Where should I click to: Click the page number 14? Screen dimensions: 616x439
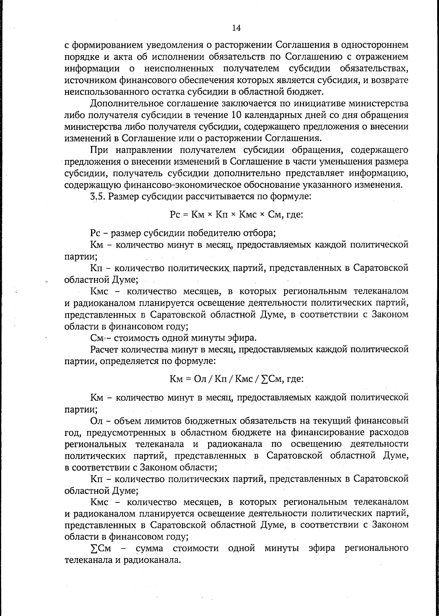point(236,28)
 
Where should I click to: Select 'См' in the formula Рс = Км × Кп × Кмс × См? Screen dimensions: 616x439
point(274,215)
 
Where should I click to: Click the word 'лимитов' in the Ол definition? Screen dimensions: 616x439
point(159,421)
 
